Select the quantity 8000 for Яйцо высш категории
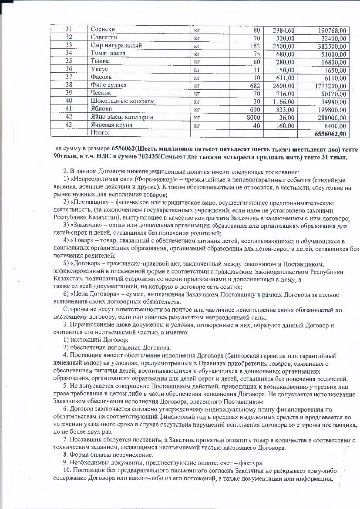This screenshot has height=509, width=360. [x=252, y=117]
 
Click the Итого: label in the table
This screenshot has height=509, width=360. [x=101, y=133]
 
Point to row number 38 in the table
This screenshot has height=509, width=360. [x=68, y=85]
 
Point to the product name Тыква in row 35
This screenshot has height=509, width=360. [x=99, y=61]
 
